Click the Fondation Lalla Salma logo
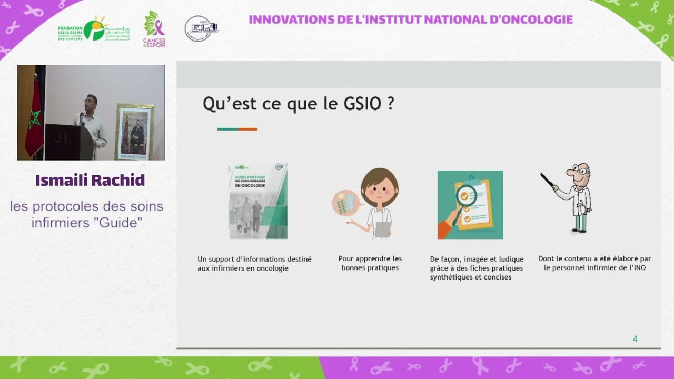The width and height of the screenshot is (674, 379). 93,30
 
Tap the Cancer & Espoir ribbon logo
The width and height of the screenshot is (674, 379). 154,29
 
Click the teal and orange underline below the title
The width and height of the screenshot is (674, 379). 237,129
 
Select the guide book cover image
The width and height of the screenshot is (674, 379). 258,202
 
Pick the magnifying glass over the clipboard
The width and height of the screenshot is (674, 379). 465,197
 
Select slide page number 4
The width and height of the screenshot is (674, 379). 635,340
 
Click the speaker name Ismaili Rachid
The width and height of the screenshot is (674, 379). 90,181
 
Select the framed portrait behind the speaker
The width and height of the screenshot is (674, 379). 134,132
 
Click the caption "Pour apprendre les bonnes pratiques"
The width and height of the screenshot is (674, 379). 370,263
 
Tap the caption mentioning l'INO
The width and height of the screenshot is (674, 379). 594,263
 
